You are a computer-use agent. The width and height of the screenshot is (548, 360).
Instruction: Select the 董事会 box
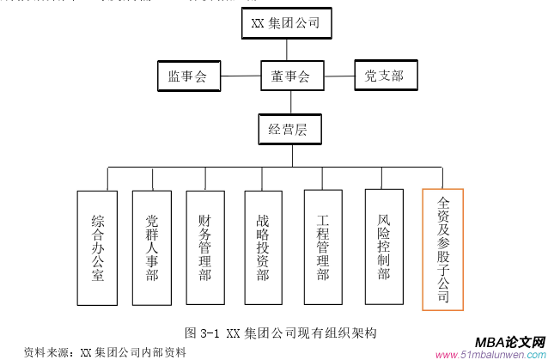284,76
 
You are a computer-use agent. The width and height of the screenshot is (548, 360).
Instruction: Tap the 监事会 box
187,76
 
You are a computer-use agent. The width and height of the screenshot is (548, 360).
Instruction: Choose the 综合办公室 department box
97,248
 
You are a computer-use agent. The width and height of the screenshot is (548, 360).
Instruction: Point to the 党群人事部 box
152,248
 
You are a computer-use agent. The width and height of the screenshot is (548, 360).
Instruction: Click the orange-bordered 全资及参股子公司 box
442,249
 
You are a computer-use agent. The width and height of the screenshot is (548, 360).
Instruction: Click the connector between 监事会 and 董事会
240,76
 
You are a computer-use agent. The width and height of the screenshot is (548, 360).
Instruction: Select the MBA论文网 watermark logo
510,340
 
